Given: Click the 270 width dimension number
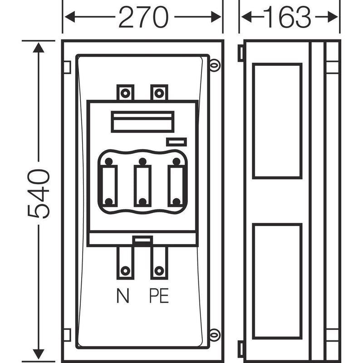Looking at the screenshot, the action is coord(143,17).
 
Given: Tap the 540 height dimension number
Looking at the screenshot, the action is coord(39,194).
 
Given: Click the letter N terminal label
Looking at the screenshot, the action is coord(123,295).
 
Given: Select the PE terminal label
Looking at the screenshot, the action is coord(159,295).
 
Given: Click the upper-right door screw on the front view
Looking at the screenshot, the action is coord(215,65).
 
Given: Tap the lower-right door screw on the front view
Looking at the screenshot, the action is coord(215,335).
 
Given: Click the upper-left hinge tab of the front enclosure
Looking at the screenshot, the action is coord(67,67).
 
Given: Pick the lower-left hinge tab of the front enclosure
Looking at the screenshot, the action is coord(67,335).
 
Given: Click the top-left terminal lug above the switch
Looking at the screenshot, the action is coord(125,93).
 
